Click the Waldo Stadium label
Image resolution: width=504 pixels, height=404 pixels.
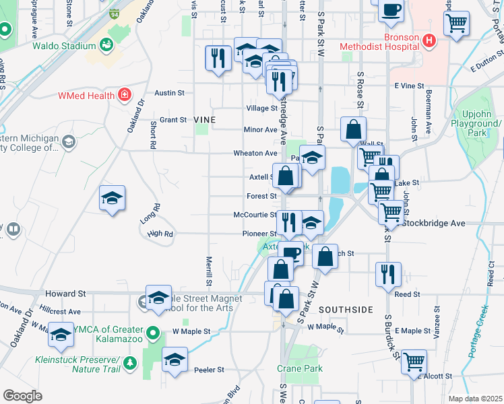(x=63, y=46)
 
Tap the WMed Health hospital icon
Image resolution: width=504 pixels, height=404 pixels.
(x=123, y=95)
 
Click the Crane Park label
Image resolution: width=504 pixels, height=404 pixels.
(x=300, y=368)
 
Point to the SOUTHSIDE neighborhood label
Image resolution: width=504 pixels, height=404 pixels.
(x=346, y=309)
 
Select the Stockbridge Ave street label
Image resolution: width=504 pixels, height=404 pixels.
(x=433, y=222)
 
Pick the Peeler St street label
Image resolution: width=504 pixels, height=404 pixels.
(x=209, y=370)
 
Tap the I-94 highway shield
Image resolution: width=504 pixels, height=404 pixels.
(x=115, y=13)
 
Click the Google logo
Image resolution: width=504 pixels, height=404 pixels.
(x=22, y=395)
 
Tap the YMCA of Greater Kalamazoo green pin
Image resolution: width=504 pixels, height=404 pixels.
(x=153, y=331)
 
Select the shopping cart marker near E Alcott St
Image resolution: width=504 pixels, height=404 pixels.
(x=414, y=361)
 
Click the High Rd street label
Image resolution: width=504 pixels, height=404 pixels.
(x=160, y=234)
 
